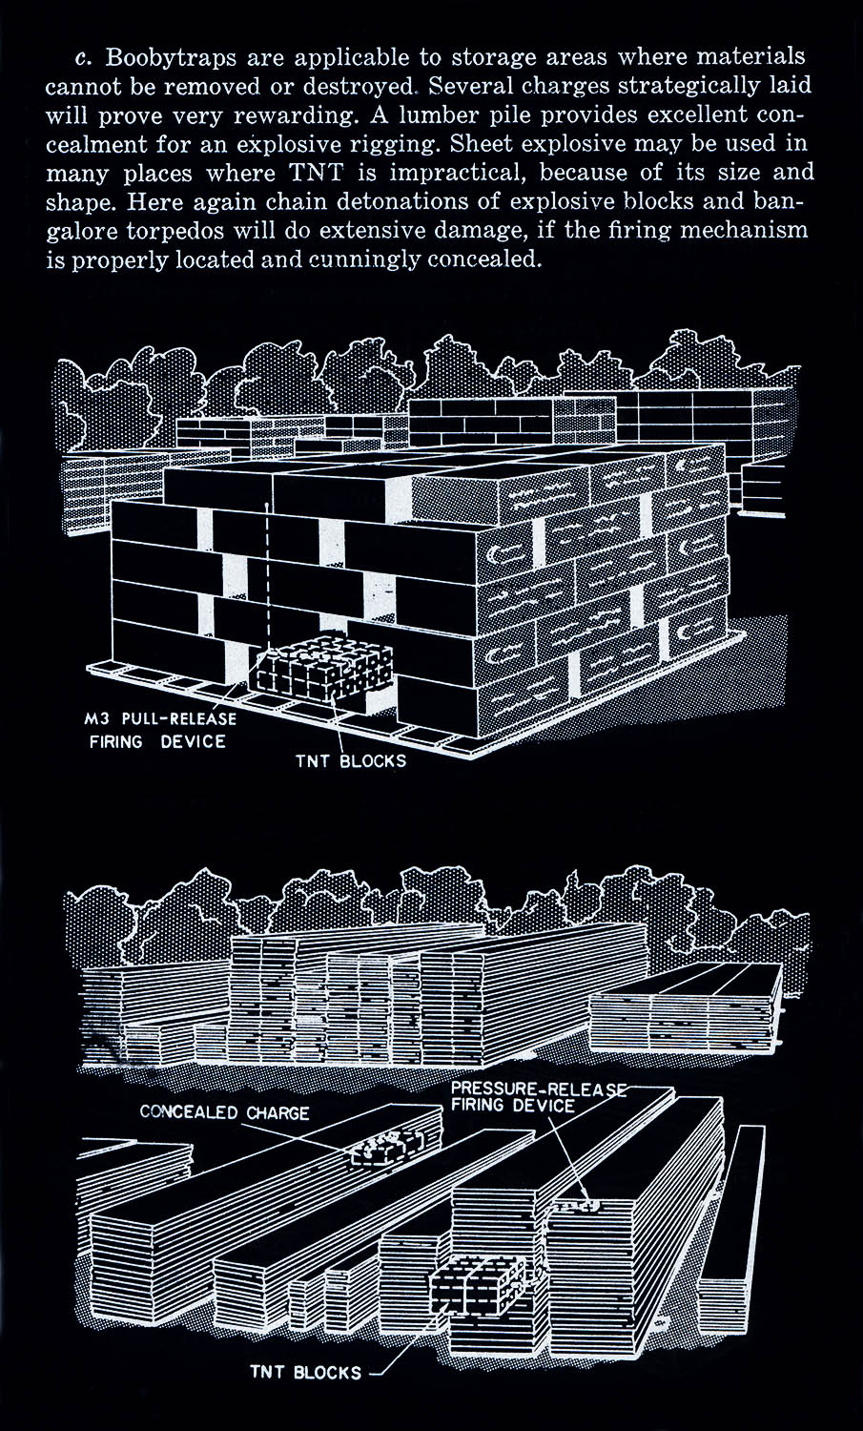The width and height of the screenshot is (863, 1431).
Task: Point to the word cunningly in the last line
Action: pos(362,260)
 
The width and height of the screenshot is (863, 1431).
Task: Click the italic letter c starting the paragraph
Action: pos(81,58)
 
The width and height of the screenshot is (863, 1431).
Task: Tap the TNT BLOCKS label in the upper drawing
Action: pos(351,761)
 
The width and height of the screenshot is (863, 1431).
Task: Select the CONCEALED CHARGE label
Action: pos(225,1112)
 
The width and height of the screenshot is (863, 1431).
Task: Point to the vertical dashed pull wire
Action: pos(267,579)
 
